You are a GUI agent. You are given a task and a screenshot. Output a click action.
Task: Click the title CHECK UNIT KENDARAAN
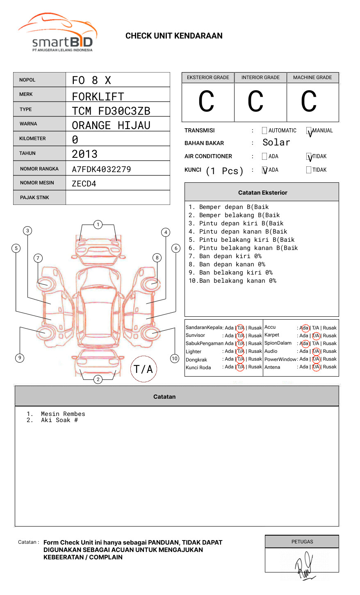pos(174,36)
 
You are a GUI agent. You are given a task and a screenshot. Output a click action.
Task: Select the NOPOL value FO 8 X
pos(91,80)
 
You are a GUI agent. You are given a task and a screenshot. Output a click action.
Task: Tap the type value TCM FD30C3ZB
pos(111,111)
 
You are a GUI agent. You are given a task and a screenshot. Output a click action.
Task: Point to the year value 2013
pos(84,154)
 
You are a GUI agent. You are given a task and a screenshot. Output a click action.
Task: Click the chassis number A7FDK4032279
pos(101,169)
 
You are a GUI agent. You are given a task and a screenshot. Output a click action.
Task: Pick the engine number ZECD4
pos(84,184)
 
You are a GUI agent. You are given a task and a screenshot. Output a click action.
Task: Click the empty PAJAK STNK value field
pos(118,198)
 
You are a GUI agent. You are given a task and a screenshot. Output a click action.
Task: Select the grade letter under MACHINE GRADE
pos(309,102)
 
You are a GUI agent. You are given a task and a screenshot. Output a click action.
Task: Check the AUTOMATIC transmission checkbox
pos(264,131)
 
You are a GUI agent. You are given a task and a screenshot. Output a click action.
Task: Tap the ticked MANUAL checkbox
pos(309,131)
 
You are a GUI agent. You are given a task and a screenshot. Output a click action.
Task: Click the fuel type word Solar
pos(276,143)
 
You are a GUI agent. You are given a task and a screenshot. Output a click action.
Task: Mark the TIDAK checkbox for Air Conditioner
pos(309,157)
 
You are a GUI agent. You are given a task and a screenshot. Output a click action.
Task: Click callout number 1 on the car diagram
pos(98,225)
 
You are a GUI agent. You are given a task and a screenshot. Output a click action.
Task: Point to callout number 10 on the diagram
pos(175,359)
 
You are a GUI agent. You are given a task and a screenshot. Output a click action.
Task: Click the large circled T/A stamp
pos(144,369)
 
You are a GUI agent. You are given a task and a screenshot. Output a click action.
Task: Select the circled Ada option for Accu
pos(305,328)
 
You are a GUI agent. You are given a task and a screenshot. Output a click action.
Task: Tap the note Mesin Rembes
pos(63,414)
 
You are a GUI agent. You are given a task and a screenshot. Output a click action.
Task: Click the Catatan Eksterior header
pos(262,193)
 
